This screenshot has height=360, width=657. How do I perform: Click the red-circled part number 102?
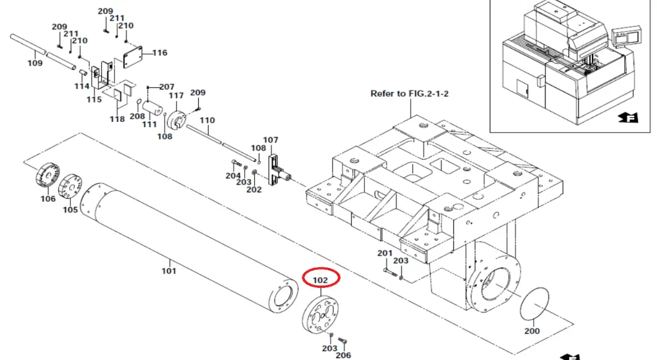(x=320, y=280)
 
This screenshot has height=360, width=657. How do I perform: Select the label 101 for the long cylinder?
(x=169, y=271)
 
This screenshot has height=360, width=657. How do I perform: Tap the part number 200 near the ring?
(x=532, y=331)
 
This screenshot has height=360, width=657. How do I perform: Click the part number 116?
(x=160, y=53)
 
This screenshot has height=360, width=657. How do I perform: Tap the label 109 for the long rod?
(x=35, y=63)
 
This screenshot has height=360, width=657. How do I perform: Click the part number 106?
(x=48, y=199)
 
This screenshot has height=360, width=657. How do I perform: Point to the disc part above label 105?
(x=71, y=186)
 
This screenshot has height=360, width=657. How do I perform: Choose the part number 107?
(x=270, y=140)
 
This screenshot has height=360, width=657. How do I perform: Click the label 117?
(x=177, y=96)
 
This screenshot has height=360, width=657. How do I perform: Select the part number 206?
(x=344, y=355)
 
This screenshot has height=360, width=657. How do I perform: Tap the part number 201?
(x=385, y=253)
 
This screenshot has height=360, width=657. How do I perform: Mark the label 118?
(x=117, y=119)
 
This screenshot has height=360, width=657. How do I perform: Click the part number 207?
(x=167, y=87)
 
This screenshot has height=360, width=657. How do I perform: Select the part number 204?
(x=233, y=175)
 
